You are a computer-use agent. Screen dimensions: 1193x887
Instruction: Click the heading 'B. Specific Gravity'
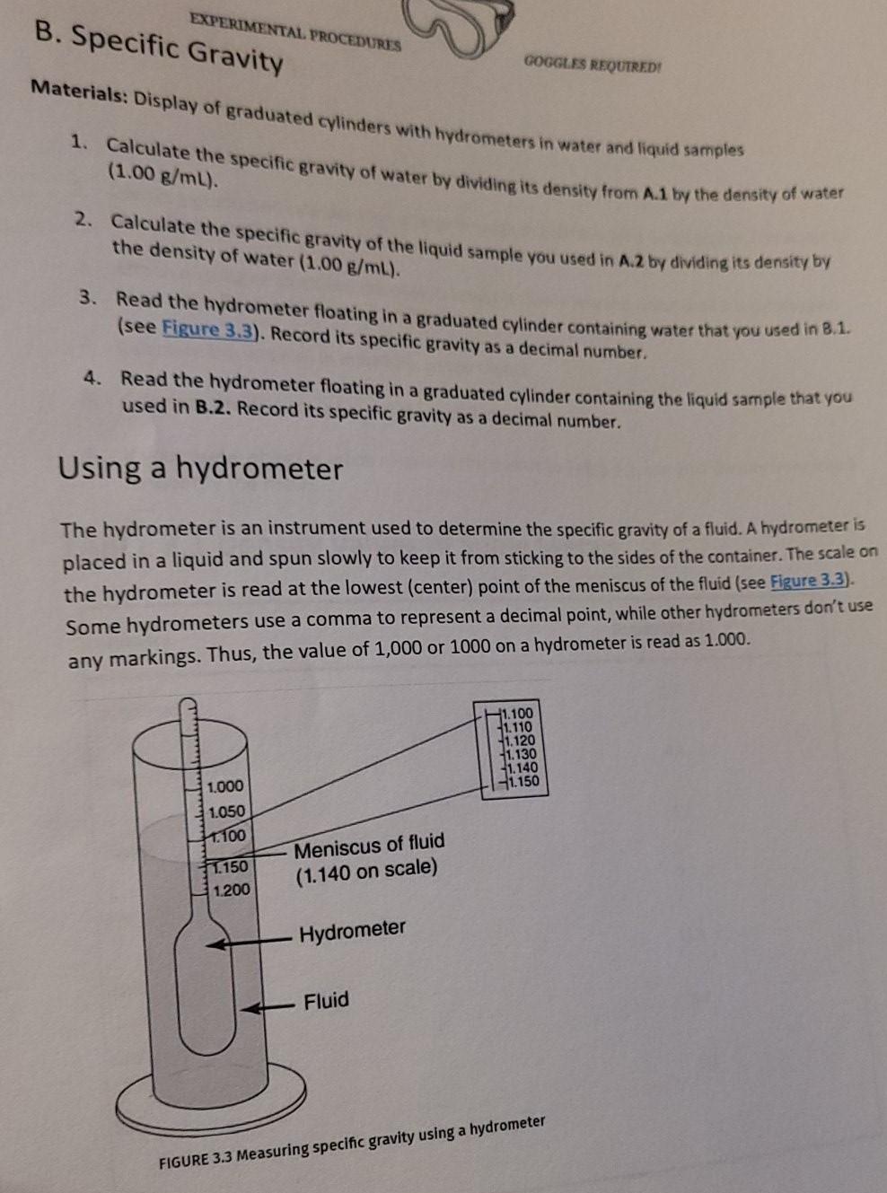159,47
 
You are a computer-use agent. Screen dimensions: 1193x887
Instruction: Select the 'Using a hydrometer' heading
200,469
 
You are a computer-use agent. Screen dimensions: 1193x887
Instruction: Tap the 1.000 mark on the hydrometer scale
224,786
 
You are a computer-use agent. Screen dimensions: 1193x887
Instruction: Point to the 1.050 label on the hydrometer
225,811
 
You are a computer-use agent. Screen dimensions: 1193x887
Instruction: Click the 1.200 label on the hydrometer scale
231,890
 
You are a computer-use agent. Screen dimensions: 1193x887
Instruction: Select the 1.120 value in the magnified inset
521,741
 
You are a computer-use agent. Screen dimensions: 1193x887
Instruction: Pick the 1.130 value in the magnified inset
522,754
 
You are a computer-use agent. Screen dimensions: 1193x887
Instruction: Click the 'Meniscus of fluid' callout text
369,846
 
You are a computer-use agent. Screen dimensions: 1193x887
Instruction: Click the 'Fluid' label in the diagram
326,1000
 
